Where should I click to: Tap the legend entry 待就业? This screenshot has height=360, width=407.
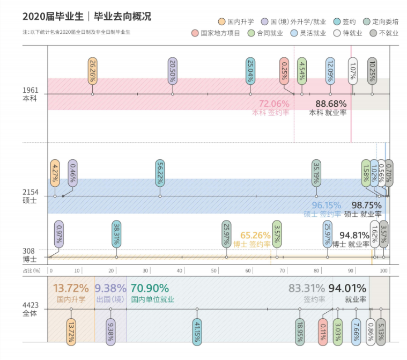click(x=349, y=33)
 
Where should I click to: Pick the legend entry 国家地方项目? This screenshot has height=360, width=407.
click(x=216, y=33)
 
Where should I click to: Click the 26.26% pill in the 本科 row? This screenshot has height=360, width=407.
click(x=92, y=70)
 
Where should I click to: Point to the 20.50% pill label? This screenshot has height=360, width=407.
click(x=172, y=70)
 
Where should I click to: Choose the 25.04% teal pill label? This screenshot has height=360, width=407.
click(x=250, y=70)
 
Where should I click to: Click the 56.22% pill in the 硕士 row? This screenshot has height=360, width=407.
click(x=160, y=173)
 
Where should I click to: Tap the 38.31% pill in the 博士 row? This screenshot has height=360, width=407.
click(x=116, y=234)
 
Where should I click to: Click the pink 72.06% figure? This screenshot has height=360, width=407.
click(x=274, y=103)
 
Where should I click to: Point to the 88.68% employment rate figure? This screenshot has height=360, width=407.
click(x=331, y=103)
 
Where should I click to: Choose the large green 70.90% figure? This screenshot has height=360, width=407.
click(x=150, y=289)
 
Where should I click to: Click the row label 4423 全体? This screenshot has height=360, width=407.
click(x=29, y=309)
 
